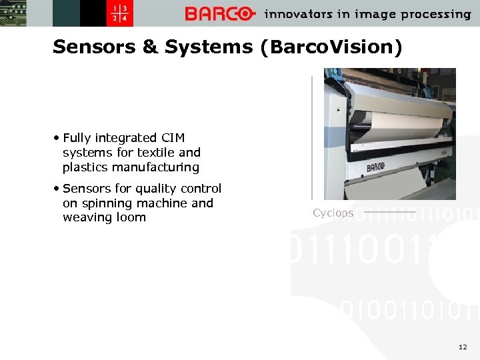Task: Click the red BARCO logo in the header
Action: (x=219, y=14)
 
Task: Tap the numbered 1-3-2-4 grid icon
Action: (x=122, y=14)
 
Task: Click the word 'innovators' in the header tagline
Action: (x=297, y=14)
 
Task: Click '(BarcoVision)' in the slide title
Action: (x=332, y=47)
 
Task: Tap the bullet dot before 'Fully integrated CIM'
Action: (x=58, y=138)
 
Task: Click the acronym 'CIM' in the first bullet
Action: (x=172, y=138)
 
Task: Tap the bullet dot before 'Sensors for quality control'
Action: (x=58, y=189)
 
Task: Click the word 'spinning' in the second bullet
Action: (x=105, y=203)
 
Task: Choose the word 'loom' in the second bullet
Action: (x=132, y=217)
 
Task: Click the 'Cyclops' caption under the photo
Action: (x=333, y=213)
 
